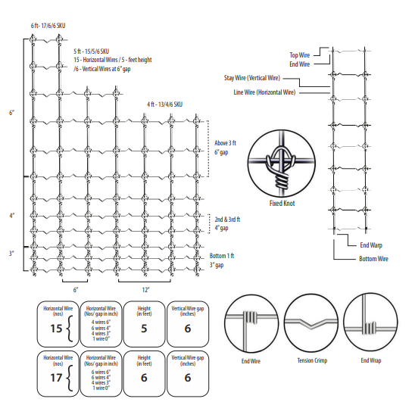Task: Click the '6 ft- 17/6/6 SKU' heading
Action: point(48,26)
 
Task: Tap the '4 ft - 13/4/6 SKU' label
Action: point(164,104)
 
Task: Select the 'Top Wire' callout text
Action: point(300,55)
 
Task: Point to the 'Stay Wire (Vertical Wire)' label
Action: point(252,78)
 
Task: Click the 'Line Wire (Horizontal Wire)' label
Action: point(264,92)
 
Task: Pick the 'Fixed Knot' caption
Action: point(282,203)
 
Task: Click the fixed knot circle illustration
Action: point(282,163)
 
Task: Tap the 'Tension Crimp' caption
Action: point(312,360)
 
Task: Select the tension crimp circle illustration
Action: point(311,323)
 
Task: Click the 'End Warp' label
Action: point(371,245)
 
